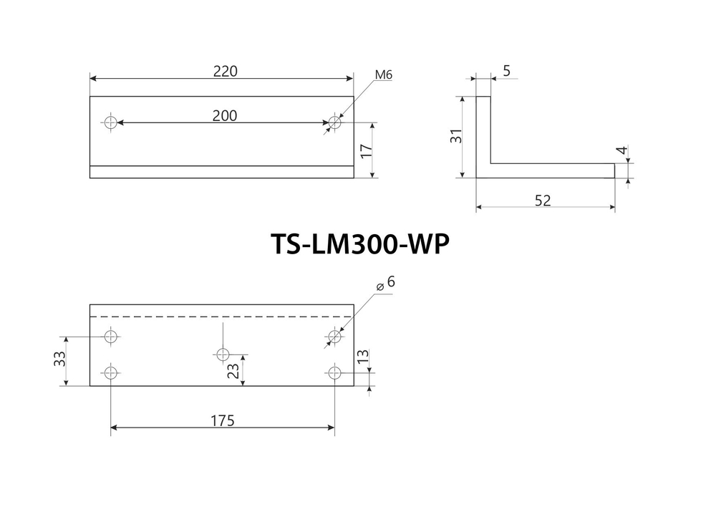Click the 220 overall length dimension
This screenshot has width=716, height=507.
click(x=225, y=71)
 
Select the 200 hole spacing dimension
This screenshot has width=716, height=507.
click(x=225, y=115)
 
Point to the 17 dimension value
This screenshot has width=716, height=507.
click(x=366, y=150)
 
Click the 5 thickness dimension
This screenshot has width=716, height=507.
click(x=506, y=71)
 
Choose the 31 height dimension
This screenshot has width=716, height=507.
click(x=455, y=136)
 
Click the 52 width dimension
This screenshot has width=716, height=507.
click(x=543, y=201)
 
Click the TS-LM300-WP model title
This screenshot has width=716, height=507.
click(x=359, y=244)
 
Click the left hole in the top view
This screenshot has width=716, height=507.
click(x=110, y=122)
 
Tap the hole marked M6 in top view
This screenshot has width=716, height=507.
click(x=334, y=122)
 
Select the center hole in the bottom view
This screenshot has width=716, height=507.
click(x=223, y=354)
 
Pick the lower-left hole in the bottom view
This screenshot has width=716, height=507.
click(x=110, y=372)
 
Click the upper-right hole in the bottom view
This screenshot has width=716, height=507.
click(x=334, y=335)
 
